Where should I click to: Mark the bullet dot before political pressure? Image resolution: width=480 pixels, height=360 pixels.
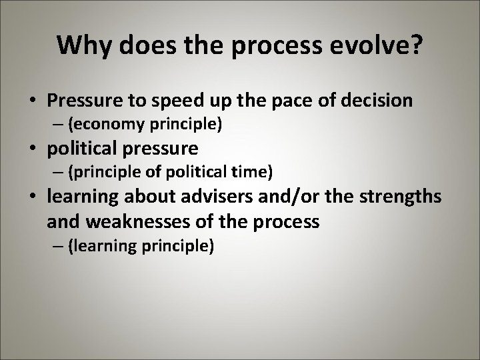[x=33, y=149]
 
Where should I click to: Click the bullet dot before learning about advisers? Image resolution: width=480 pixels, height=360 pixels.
[x=33, y=197]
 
